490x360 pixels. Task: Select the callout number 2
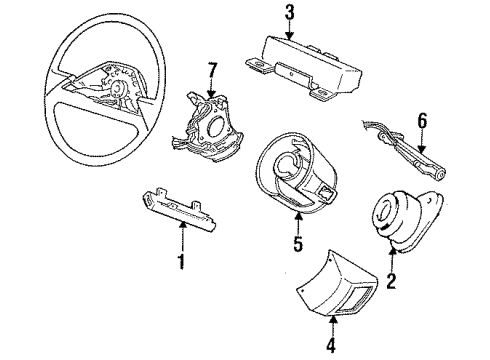tap(392, 281)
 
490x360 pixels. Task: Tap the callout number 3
tap(289, 13)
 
